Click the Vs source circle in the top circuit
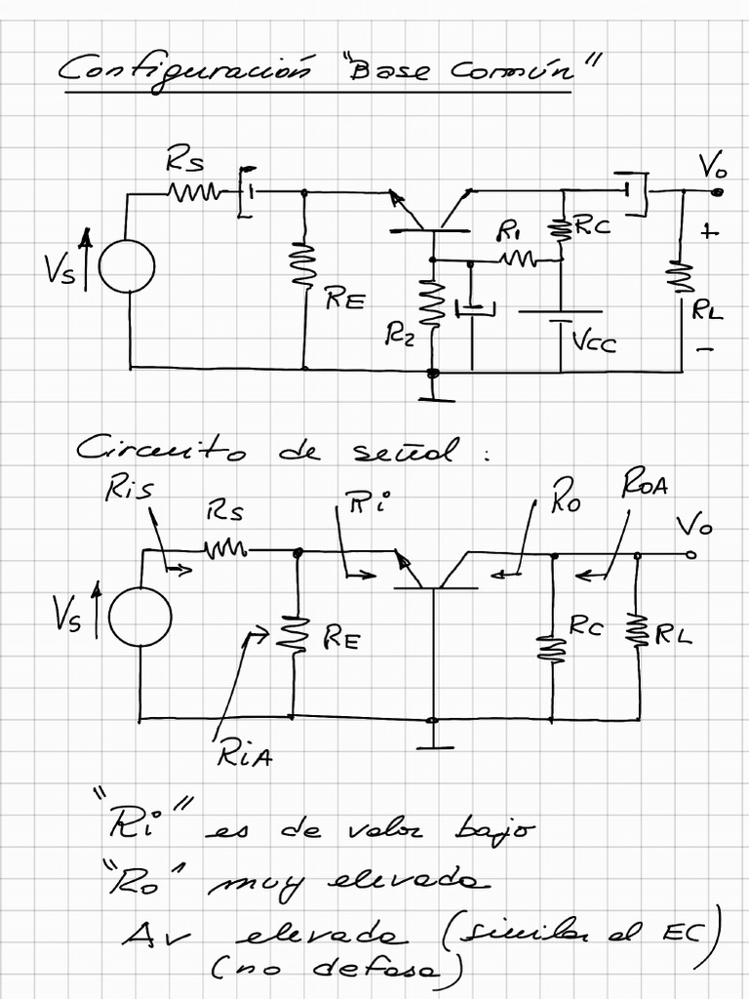pyautogui.click(x=127, y=264)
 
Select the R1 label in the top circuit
pyautogui.click(x=509, y=231)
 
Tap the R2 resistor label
pyautogui.click(x=400, y=337)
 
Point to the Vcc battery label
pyautogui.click(x=594, y=341)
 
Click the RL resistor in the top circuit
pyautogui.click(x=681, y=276)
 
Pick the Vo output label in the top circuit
pyautogui.click(x=712, y=168)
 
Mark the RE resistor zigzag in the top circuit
pyautogui.click(x=305, y=266)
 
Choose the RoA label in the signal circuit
pyautogui.click(x=644, y=485)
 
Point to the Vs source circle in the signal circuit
pyautogui.click(x=140, y=617)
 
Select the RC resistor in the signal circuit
pyautogui.click(x=552, y=644)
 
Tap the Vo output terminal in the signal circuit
pyautogui.click(x=690, y=554)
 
